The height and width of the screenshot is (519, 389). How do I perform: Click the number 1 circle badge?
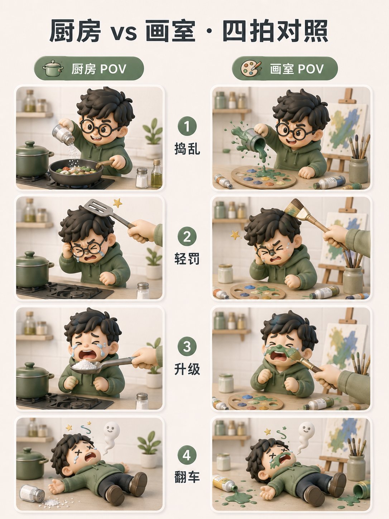(x=187, y=126)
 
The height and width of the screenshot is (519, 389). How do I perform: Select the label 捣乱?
(x=187, y=149)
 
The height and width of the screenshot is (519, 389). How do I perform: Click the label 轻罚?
(x=187, y=258)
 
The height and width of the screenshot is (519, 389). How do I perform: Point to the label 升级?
(x=187, y=369)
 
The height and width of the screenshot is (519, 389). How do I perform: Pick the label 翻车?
(x=187, y=477)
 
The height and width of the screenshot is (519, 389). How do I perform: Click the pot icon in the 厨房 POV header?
(x=53, y=68)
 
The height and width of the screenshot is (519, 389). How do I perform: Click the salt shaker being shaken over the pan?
(x=63, y=134)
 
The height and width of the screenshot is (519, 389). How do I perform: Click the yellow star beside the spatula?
(x=117, y=203)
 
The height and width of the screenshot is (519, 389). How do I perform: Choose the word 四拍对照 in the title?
(x=275, y=31)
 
